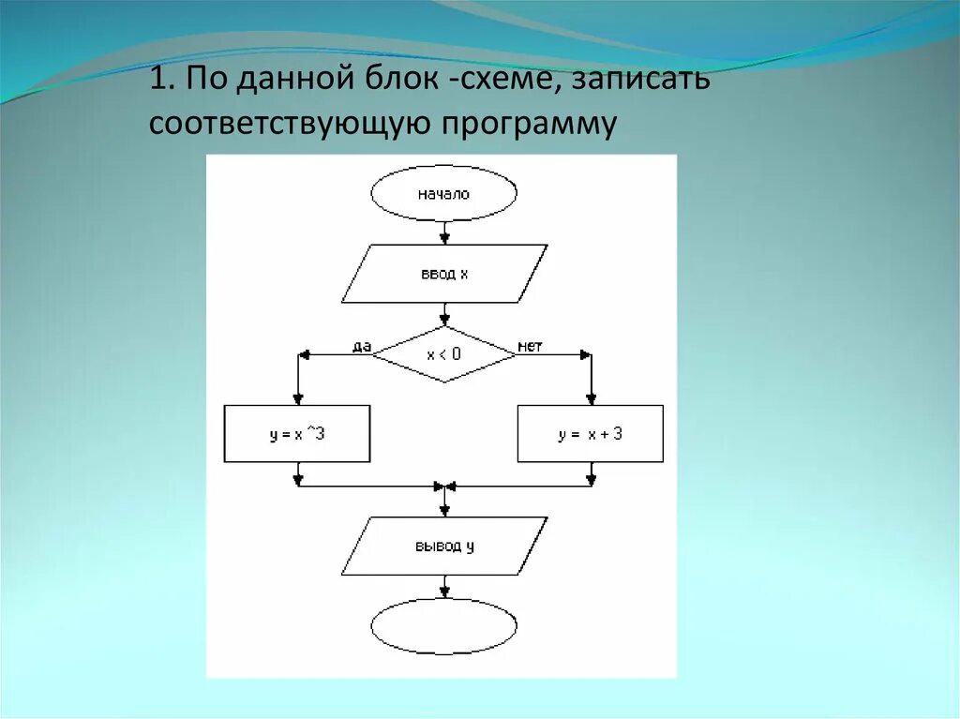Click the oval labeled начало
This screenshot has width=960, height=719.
point(443,194)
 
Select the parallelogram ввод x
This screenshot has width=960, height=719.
point(443,274)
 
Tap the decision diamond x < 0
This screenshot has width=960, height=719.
point(443,353)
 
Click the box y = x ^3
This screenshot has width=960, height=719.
point(297,434)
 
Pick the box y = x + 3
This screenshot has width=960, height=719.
point(590,434)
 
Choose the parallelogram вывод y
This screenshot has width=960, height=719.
point(443,546)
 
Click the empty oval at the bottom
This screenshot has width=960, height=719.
point(443,626)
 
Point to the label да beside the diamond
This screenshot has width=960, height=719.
point(362,346)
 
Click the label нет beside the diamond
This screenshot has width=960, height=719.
point(530,346)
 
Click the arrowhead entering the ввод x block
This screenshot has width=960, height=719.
point(444,238)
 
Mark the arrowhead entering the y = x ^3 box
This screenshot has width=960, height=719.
point(298,399)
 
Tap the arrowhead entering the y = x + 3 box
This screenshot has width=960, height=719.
point(591,399)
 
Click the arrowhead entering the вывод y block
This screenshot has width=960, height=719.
point(444,510)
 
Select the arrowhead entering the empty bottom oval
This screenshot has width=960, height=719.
point(444,592)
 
